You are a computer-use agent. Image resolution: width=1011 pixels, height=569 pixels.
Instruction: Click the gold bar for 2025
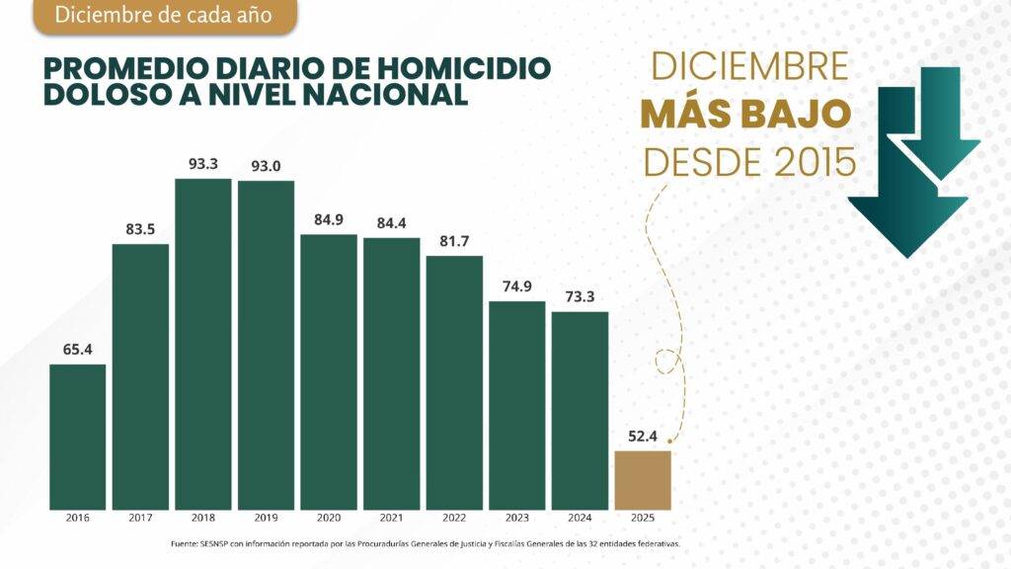click(643, 480)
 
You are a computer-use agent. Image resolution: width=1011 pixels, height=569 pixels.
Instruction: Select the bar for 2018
click(203, 344)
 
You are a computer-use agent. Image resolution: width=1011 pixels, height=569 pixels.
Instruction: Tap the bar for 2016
click(77, 437)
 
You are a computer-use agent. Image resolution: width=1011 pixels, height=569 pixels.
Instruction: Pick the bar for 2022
click(454, 382)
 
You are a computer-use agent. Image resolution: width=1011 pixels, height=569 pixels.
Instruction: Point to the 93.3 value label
click(203, 164)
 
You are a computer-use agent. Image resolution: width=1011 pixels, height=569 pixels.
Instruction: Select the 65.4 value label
click(77, 350)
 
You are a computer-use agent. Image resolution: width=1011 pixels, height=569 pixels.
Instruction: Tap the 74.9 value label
click(517, 286)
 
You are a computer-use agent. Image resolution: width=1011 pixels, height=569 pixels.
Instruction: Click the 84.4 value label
click(391, 223)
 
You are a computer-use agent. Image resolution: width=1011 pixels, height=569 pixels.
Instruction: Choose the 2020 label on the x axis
click(329, 518)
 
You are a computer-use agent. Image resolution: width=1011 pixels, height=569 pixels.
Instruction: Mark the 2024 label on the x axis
click(580, 518)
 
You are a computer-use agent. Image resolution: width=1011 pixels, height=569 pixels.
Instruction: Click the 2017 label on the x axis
click(140, 518)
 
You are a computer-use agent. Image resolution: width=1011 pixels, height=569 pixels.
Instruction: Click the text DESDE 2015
click(749, 162)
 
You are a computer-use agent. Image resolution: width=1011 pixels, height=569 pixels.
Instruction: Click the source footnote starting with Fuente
click(426, 544)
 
